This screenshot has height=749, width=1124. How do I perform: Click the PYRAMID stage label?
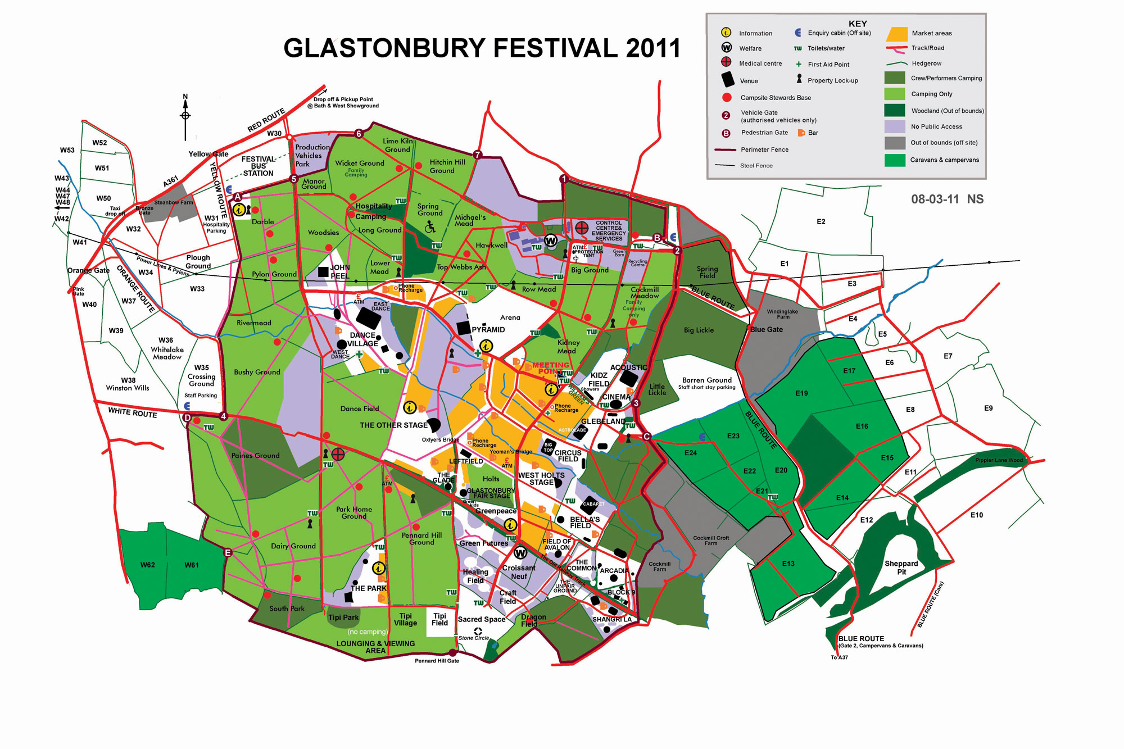point(488,329)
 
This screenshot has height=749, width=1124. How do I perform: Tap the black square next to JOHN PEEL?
point(323,272)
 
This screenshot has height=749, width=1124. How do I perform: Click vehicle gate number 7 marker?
point(477,155)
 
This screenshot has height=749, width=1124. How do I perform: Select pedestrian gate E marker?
point(228,552)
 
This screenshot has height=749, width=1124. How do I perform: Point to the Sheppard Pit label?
point(901,568)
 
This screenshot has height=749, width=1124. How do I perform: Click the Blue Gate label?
point(766,329)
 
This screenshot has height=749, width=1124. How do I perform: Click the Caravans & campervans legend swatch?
point(895,160)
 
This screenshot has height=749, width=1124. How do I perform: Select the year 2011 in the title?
point(652,48)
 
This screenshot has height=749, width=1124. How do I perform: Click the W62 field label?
point(148,565)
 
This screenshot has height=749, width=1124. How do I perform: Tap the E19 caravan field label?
point(801,393)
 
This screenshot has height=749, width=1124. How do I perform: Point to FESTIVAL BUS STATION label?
point(259,166)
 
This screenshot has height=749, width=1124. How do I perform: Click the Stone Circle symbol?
point(478,631)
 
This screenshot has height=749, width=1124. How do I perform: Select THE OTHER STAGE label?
point(393,425)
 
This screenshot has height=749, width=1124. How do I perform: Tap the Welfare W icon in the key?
point(727,48)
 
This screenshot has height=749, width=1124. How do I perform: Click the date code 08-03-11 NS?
point(947,199)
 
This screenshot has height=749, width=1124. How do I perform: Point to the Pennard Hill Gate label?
point(437,661)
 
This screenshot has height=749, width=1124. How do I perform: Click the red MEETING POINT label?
point(550,368)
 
